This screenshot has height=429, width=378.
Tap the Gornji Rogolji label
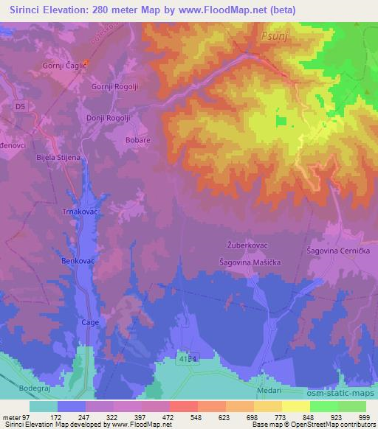pos(114,86)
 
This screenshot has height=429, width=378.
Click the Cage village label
pos(89,322)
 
